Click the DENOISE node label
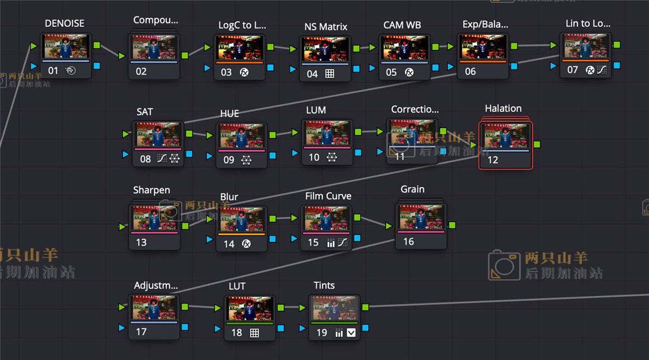click(64, 24)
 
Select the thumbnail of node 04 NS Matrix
click(325, 49)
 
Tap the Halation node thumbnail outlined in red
click(505, 136)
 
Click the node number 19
click(321, 333)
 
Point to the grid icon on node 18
click(254, 333)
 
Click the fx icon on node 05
click(409, 72)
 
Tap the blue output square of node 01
click(97, 66)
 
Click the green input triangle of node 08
click(126, 134)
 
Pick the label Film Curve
click(328, 196)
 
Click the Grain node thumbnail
click(421, 217)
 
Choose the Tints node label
click(324, 286)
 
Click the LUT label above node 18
click(237, 286)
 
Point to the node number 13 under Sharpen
click(141, 242)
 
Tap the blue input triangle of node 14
click(209, 239)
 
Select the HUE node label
click(229, 114)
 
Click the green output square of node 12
click(537, 144)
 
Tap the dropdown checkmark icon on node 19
click(351, 333)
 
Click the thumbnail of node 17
click(154, 307)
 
